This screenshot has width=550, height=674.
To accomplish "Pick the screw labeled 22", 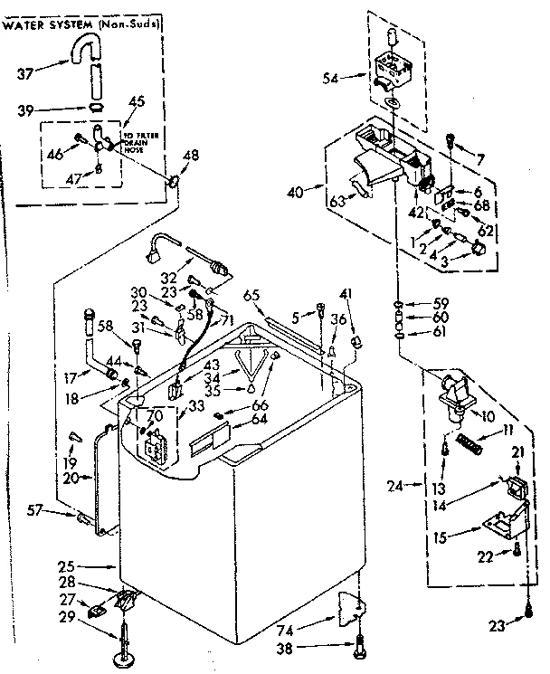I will (x=516, y=549).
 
